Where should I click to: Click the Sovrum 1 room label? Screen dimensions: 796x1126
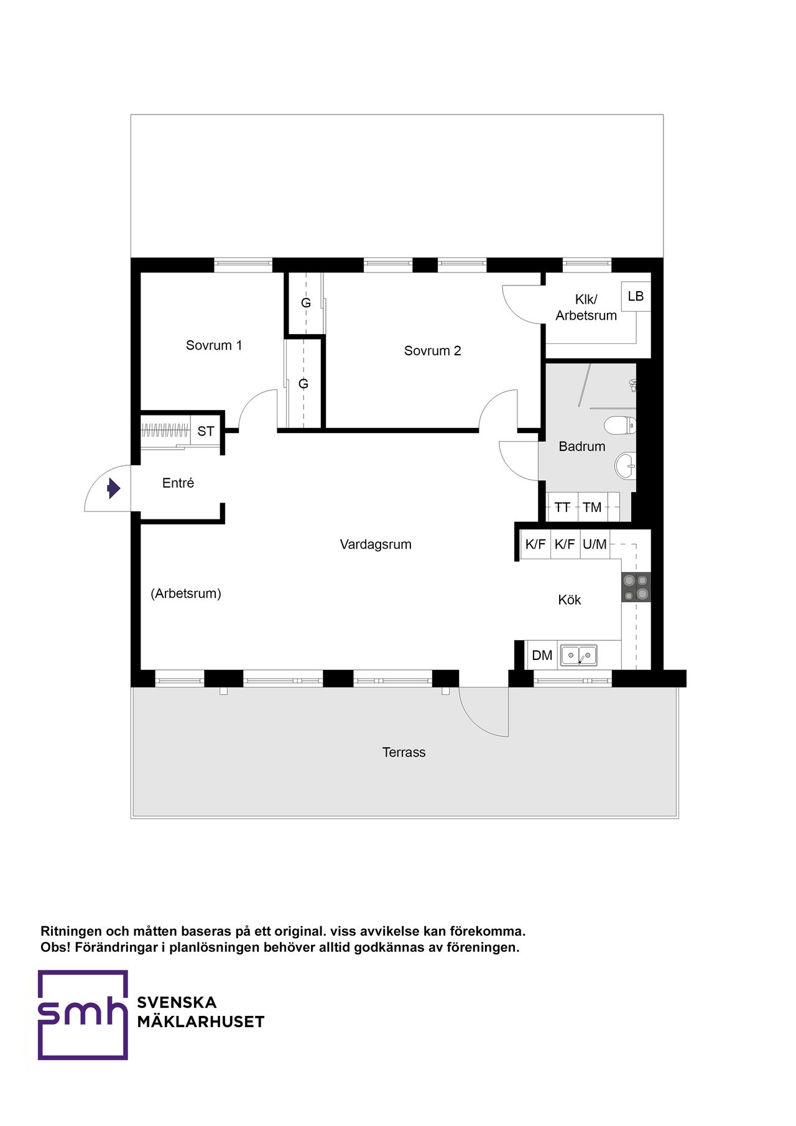pos(214,345)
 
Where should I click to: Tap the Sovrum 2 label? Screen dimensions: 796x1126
pos(433,351)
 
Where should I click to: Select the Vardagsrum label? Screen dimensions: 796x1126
pos(376,544)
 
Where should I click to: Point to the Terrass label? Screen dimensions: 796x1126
pos(404,752)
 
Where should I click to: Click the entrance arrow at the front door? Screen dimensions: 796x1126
pos(113,488)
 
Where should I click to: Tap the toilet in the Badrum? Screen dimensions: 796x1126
pos(620,426)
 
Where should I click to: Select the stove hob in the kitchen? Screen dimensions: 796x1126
pos(636,587)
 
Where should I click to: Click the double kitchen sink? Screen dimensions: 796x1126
pos(579,656)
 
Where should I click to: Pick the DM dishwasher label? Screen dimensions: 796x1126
pos(542,655)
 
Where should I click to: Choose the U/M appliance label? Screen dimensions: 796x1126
pos(595,544)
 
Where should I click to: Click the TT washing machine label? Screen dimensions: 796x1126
pos(562,508)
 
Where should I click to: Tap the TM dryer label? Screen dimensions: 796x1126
pos(592,508)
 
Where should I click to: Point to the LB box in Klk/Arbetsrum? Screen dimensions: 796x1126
pos(636,297)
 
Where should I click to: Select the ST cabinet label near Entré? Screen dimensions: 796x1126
pos(206,431)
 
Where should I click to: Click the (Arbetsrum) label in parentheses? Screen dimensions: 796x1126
pos(186,593)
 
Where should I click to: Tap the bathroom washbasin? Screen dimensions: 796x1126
pos(626,464)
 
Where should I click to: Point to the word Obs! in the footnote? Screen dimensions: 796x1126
pos(55,947)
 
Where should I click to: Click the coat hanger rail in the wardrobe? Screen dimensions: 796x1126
pos(165,430)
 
